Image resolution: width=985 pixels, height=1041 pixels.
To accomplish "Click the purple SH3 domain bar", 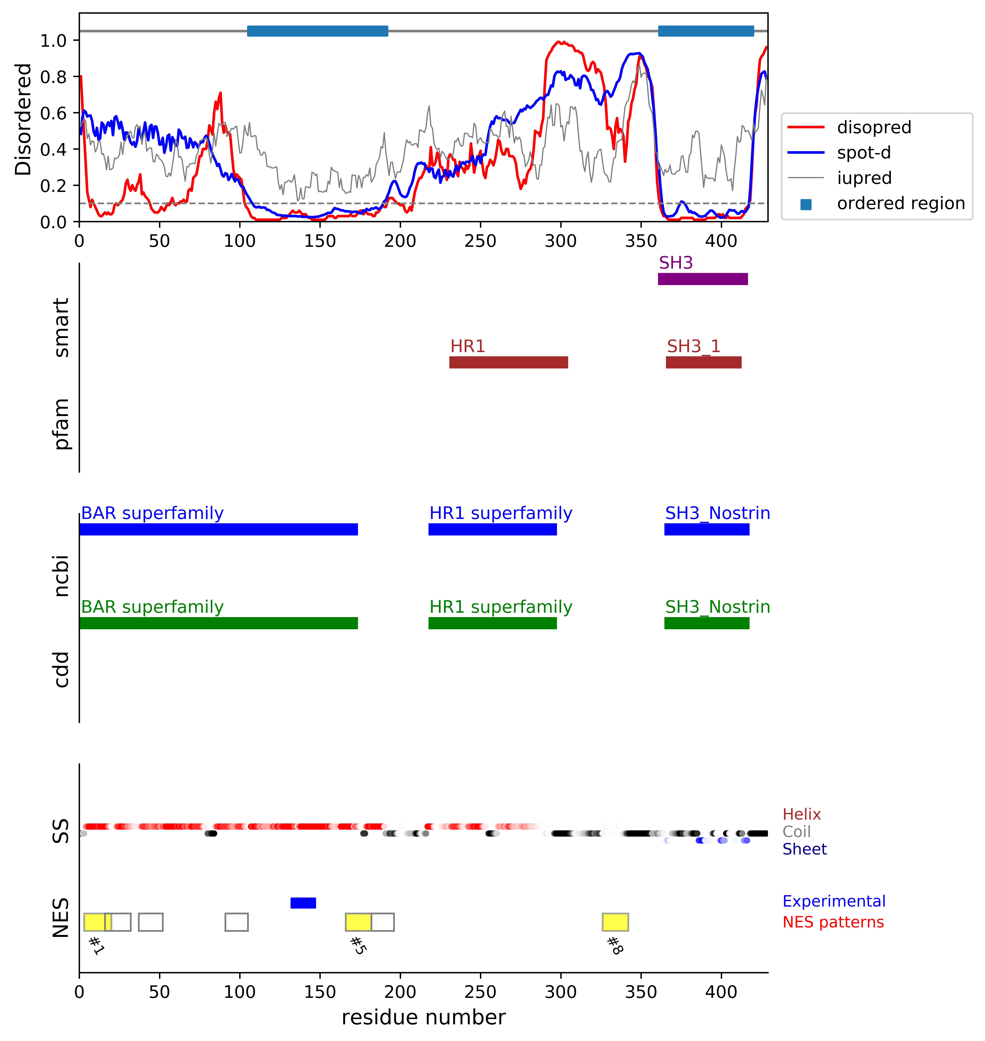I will pyautogui.click(x=703, y=279).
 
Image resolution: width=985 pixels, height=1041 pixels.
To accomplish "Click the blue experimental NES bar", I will pyautogui.click(x=303, y=903).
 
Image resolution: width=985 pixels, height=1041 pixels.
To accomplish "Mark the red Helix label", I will pyautogui.click(x=801, y=815).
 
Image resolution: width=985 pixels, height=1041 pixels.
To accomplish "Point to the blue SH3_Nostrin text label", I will pyautogui.click(x=717, y=513).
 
